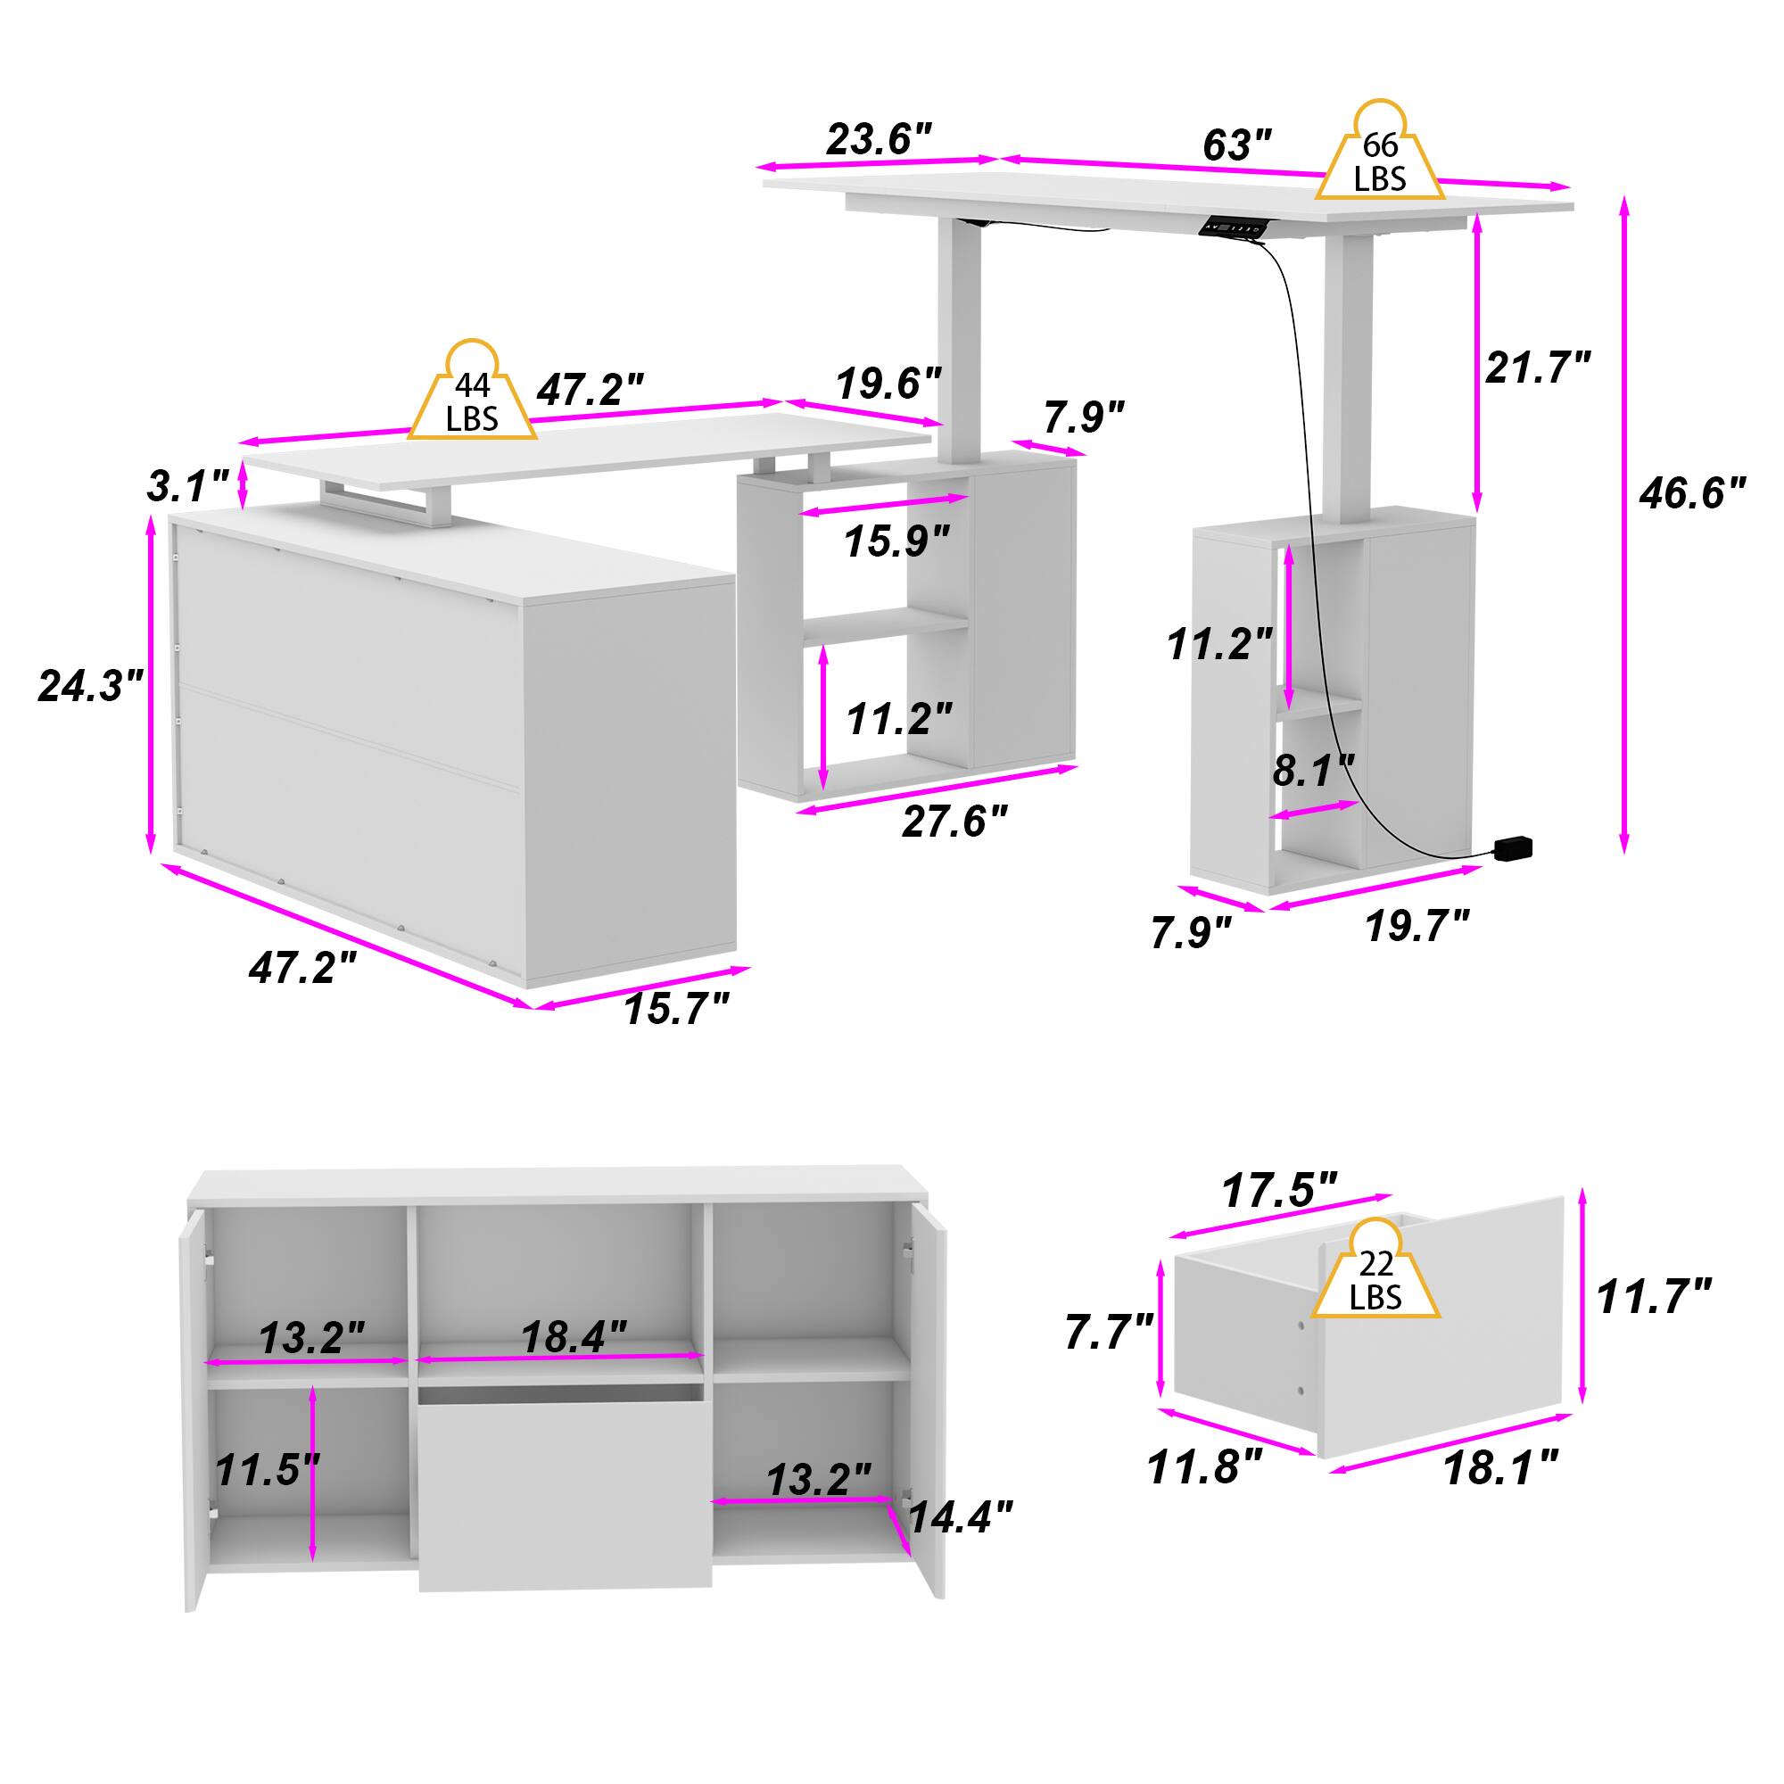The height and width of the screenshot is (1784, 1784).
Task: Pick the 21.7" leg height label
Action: click(1539, 368)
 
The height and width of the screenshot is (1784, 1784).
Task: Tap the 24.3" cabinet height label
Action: click(91, 685)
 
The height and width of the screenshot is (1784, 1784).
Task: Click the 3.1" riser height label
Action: click(187, 486)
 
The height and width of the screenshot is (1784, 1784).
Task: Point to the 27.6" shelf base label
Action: click(954, 820)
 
